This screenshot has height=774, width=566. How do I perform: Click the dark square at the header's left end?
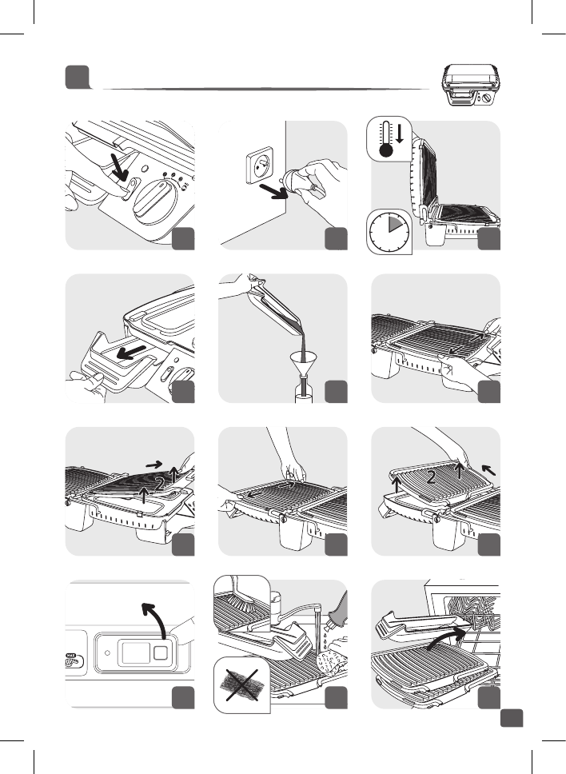point(78,77)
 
